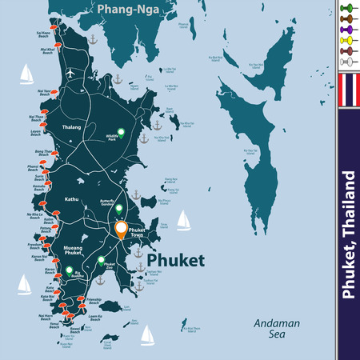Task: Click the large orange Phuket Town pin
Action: pos(121,230)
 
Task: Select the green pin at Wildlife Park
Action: pos(121,132)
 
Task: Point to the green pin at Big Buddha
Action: pos(69,270)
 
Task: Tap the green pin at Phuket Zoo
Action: pos(101,260)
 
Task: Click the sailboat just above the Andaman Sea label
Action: pos(147,334)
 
